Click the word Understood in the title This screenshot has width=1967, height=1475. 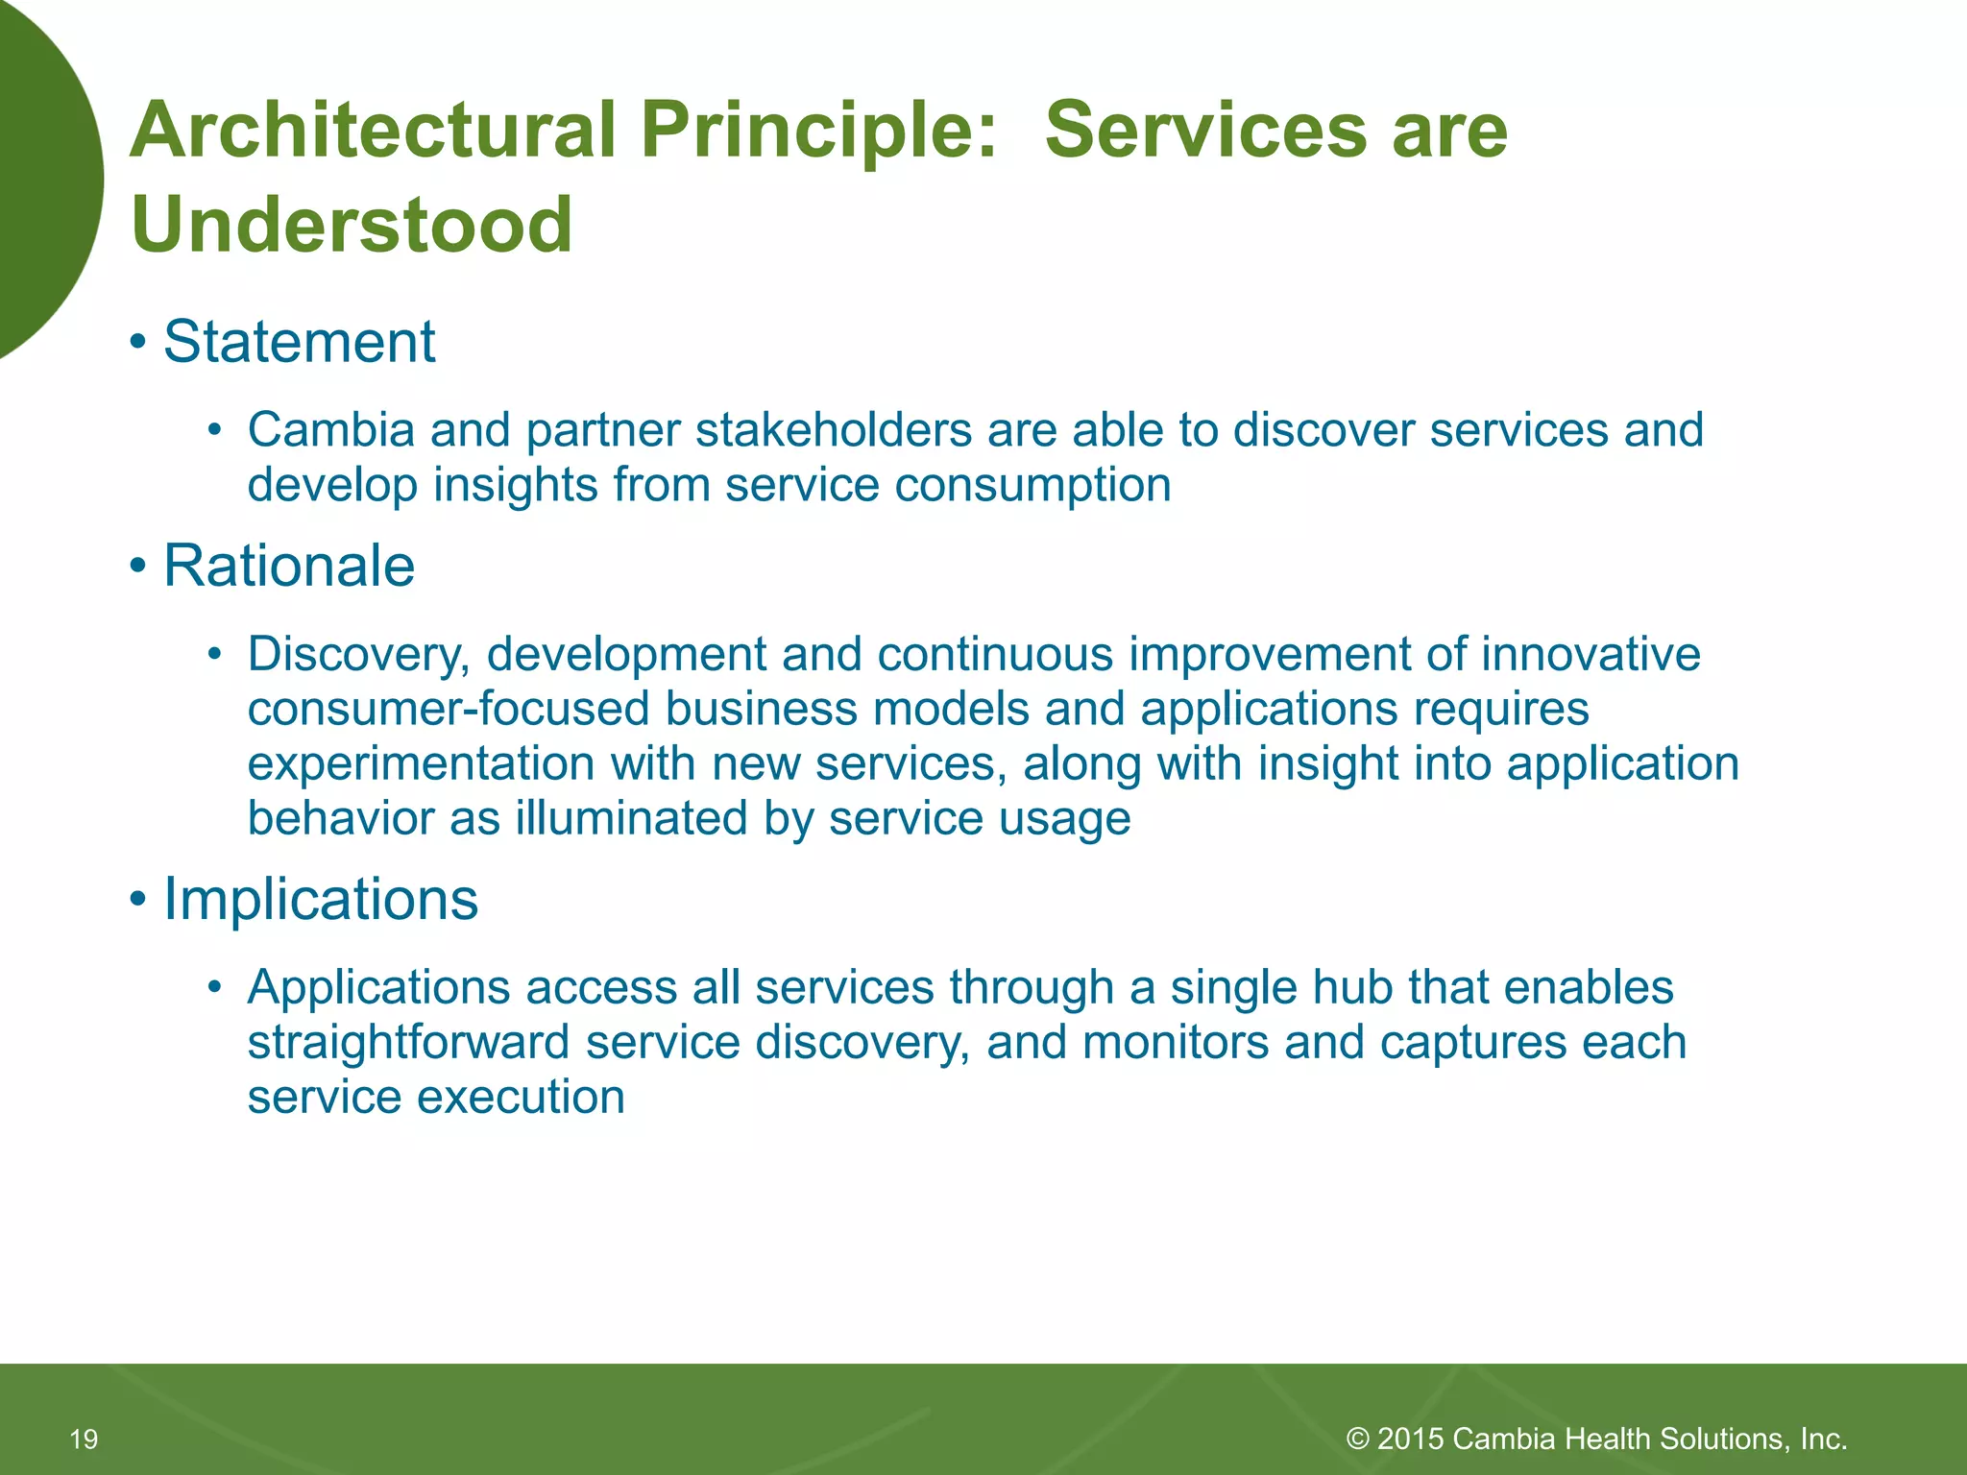pyautogui.click(x=352, y=225)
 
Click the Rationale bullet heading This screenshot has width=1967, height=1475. pyautogui.click(x=288, y=566)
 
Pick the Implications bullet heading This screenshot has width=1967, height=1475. pyautogui.click(x=320, y=900)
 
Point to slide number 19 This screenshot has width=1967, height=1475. pyautogui.click(x=85, y=1439)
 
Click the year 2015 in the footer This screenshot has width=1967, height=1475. pyautogui.click(x=1411, y=1439)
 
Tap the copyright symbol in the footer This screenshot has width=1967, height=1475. pyautogui.click(x=1357, y=1439)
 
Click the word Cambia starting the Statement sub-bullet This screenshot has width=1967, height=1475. pyautogui.click(x=330, y=429)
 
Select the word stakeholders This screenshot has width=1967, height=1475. pyautogui.click(x=834, y=429)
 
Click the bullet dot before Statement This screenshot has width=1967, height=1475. pyautogui.click(x=139, y=342)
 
